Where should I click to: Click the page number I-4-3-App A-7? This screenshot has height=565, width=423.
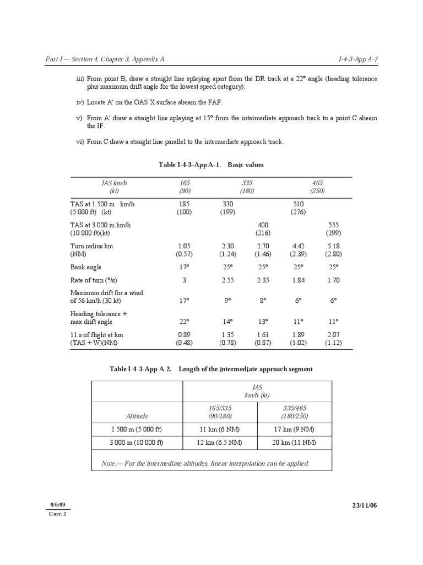[x=357, y=59]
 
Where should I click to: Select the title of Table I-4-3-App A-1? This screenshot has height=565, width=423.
[x=211, y=165]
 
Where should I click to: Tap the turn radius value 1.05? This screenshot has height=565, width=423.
[x=184, y=246]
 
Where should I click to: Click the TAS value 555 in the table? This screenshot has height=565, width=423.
[x=333, y=225]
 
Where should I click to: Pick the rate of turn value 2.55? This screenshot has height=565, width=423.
[x=227, y=280]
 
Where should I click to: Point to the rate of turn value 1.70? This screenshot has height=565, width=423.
[x=333, y=280]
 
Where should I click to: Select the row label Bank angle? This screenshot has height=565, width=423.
[x=86, y=267]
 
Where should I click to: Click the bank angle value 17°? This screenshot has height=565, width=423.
[x=184, y=267]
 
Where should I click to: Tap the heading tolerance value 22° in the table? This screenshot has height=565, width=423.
[x=184, y=322]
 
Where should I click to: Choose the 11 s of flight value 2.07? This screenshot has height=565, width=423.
[x=333, y=335]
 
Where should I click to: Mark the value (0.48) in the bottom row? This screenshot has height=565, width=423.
[x=184, y=343]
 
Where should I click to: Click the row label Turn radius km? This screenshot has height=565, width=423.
[x=91, y=246]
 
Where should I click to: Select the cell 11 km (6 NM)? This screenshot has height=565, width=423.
[x=219, y=429]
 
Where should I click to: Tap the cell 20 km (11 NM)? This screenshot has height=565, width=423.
[x=294, y=443]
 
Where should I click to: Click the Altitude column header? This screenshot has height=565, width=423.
[x=137, y=416]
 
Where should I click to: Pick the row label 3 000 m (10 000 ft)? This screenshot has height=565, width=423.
[x=137, y=443]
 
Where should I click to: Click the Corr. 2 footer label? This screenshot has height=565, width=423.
[x=58, y=513]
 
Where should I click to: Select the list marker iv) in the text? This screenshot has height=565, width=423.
[x=79, y=103]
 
